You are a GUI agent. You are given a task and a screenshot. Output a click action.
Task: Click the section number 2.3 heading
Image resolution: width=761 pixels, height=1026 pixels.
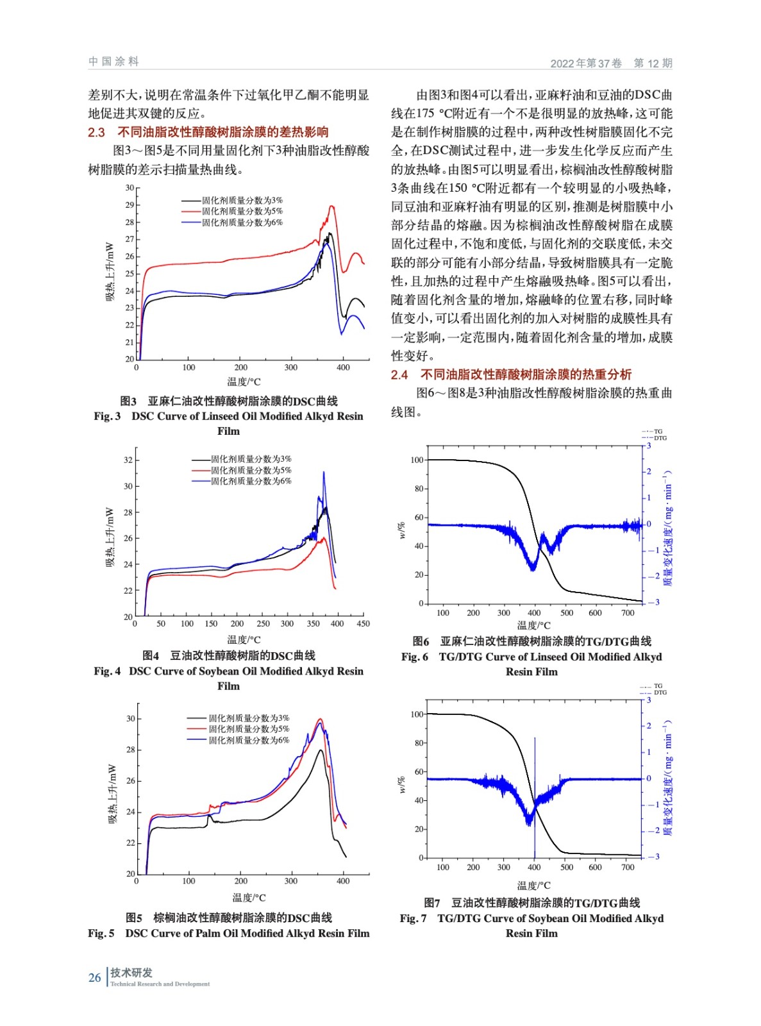[97, 132]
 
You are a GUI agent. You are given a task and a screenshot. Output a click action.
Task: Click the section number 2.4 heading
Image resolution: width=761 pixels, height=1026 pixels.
[399, 374]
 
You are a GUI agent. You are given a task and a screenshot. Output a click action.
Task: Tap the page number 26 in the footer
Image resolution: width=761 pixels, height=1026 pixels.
[94, 977]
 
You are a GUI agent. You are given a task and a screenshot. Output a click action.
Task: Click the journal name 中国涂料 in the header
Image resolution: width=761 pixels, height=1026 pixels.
[113, 62]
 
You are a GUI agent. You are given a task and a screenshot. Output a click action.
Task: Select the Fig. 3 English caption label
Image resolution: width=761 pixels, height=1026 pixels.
[107, 416]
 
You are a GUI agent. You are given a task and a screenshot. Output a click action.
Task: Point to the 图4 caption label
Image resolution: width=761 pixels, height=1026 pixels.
[151, 655]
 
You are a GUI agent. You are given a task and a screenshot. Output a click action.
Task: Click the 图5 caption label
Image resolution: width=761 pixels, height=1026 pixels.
[134, 918]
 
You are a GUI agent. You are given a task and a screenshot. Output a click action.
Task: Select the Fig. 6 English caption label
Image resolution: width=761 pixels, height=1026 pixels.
[415, 657]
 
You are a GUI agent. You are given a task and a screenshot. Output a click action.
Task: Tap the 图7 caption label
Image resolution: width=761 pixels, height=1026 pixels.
[432, 903]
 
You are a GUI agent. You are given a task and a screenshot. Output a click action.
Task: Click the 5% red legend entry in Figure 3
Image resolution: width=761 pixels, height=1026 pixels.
[242, 211]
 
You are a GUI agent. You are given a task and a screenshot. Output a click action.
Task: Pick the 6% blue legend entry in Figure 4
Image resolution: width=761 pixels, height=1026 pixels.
[251, 481]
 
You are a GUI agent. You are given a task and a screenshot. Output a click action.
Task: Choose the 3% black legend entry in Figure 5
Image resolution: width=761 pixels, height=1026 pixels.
[249, 718]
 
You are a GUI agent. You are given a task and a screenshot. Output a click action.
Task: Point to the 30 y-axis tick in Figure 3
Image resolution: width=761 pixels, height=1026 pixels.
[130, 188]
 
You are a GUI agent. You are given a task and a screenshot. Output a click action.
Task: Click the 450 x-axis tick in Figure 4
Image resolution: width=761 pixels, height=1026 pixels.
[363, 623]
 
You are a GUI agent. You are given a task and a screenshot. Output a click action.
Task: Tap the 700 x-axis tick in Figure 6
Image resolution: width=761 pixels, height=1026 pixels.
[628, 613]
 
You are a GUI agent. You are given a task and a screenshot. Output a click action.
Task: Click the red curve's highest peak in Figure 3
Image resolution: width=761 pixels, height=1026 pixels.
[331, 206]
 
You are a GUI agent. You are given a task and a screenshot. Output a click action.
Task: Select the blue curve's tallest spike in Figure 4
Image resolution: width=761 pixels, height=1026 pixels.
[324, 473]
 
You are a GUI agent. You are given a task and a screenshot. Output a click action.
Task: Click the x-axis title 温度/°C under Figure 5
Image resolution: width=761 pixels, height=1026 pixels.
[249, 898]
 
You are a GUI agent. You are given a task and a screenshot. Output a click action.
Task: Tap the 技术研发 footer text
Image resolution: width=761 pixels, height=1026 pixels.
[131, 973]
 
